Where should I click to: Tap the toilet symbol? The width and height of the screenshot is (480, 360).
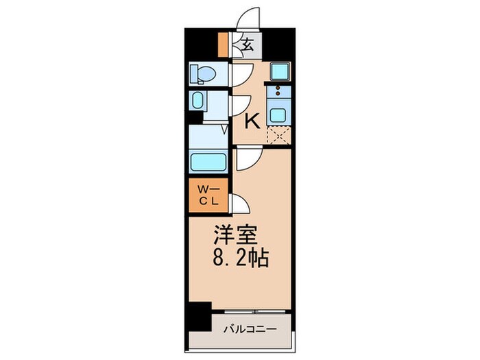203,73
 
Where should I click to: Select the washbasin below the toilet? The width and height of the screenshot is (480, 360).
197,101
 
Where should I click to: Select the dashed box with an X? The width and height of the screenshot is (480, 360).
278,136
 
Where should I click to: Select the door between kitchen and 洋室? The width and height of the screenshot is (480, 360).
247,159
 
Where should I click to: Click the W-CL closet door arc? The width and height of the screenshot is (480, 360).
239,204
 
